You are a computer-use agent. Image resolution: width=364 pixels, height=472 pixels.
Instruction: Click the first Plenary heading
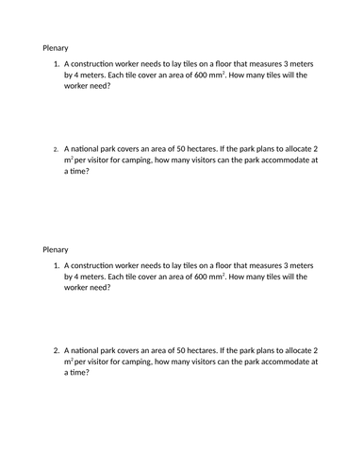click(x=55, y=47)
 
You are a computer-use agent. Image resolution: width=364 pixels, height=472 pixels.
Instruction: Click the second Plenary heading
click(x=55, y=250)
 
